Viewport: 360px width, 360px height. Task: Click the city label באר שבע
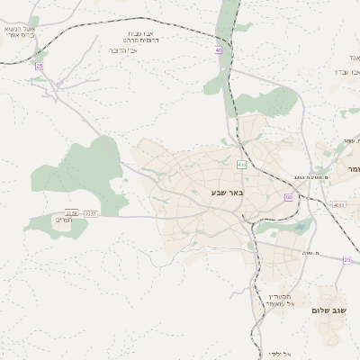pos(225,193)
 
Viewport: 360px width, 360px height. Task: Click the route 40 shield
pos(218,50)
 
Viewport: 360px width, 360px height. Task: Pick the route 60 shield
pos(288,196)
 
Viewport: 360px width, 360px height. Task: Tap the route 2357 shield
pos(89,214)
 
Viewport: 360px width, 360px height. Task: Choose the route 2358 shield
pos(71,214)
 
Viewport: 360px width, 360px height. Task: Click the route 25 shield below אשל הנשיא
pos(39,67)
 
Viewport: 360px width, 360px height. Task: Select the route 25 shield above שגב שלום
pos(346,260)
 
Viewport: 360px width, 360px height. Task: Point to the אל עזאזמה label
pos(274,303)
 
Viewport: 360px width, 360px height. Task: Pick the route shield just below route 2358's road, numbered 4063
pos(337,205)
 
